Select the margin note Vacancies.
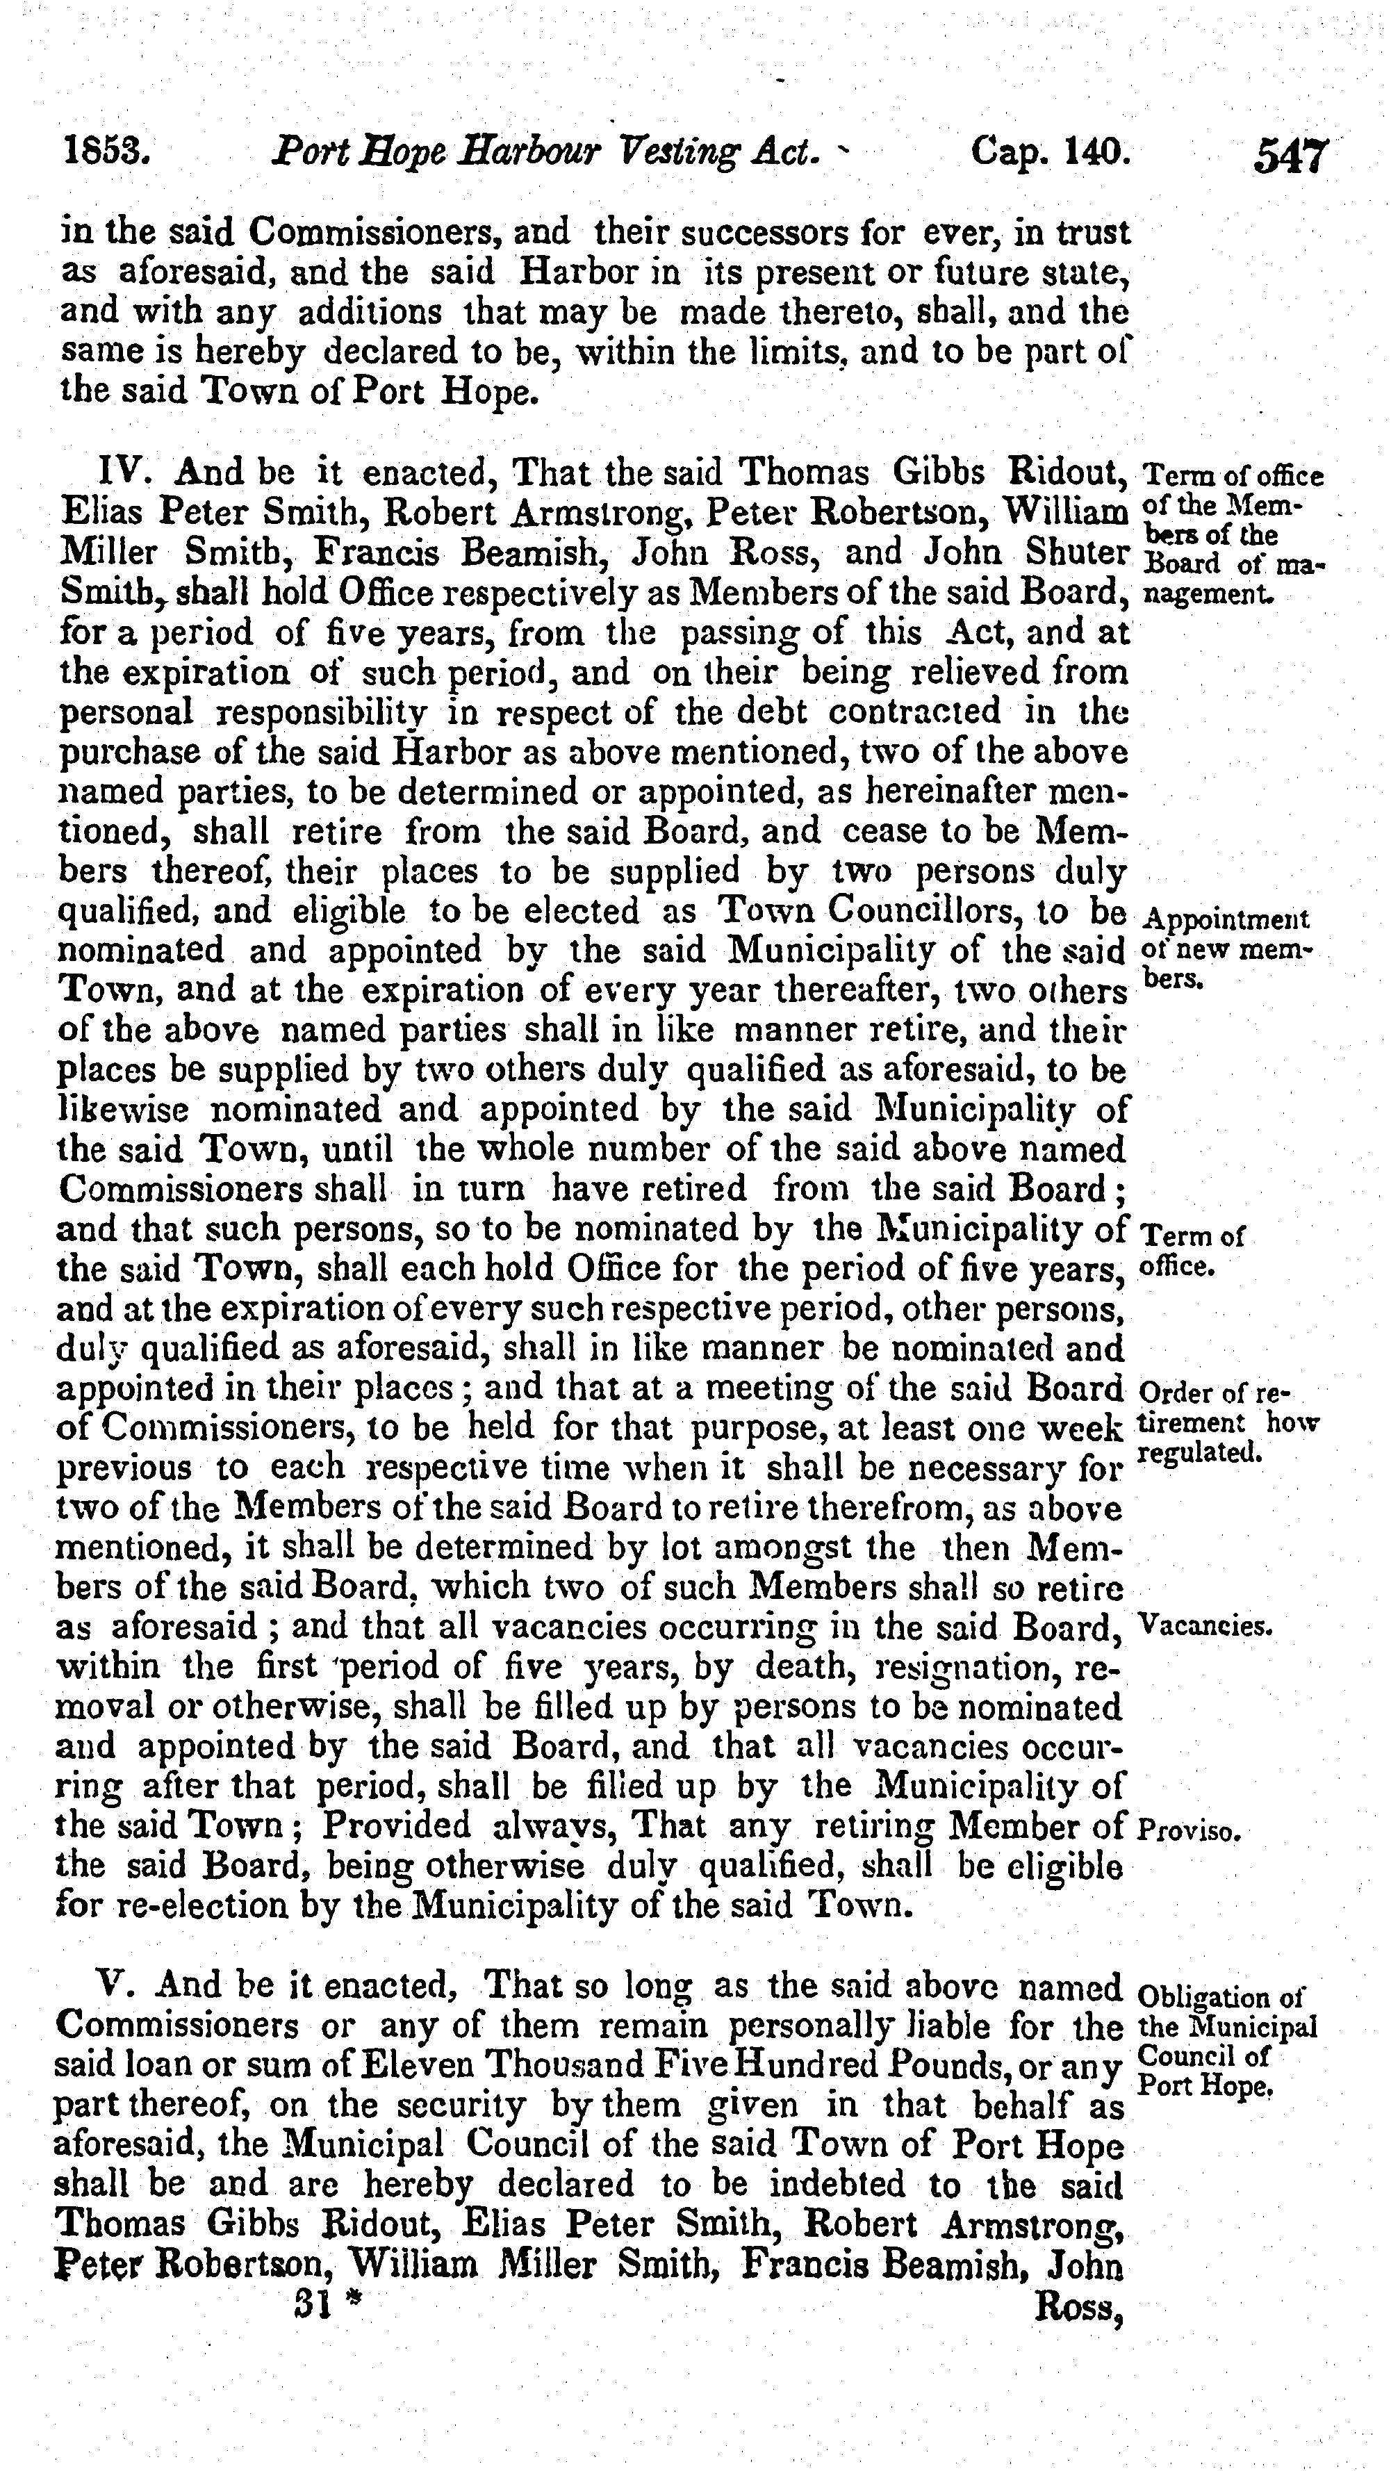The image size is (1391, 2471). [1204, 1627]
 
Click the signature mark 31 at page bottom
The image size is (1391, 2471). [315, 2305]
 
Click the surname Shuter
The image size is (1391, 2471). [1076, 552]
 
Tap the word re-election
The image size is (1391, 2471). [196, 1906]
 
